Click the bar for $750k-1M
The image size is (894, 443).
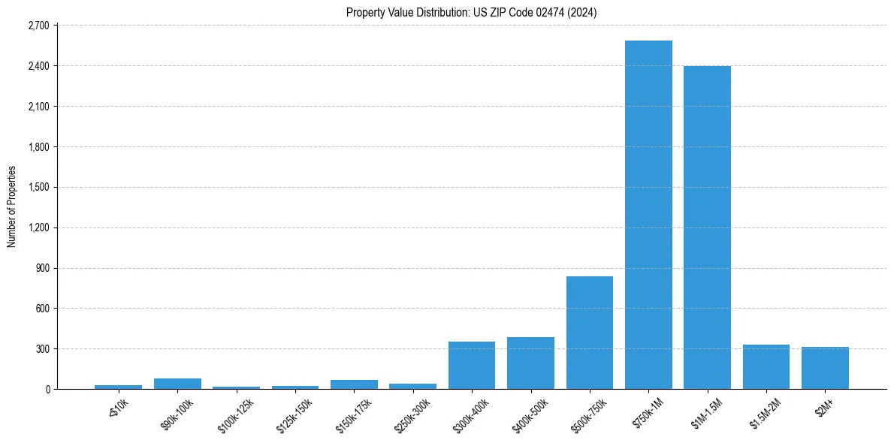point(648,215)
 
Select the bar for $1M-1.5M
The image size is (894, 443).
point(707,228)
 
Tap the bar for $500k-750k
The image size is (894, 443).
point(590,333)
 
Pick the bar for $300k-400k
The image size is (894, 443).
point(472,366)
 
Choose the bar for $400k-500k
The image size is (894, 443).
point(530,363)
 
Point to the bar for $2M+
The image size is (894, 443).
point(825,368)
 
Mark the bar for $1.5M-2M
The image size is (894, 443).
point(766,367)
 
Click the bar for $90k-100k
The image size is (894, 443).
point(177,384)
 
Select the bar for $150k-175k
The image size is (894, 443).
point(354,384)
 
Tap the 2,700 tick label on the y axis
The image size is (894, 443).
point(38,26)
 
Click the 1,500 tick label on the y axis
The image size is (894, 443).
point(38,187)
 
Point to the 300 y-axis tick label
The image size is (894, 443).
point(42,349)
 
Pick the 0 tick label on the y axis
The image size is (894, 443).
point(47,390)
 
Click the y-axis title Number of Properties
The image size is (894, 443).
point(12,206)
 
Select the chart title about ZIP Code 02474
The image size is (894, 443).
point(472,12)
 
